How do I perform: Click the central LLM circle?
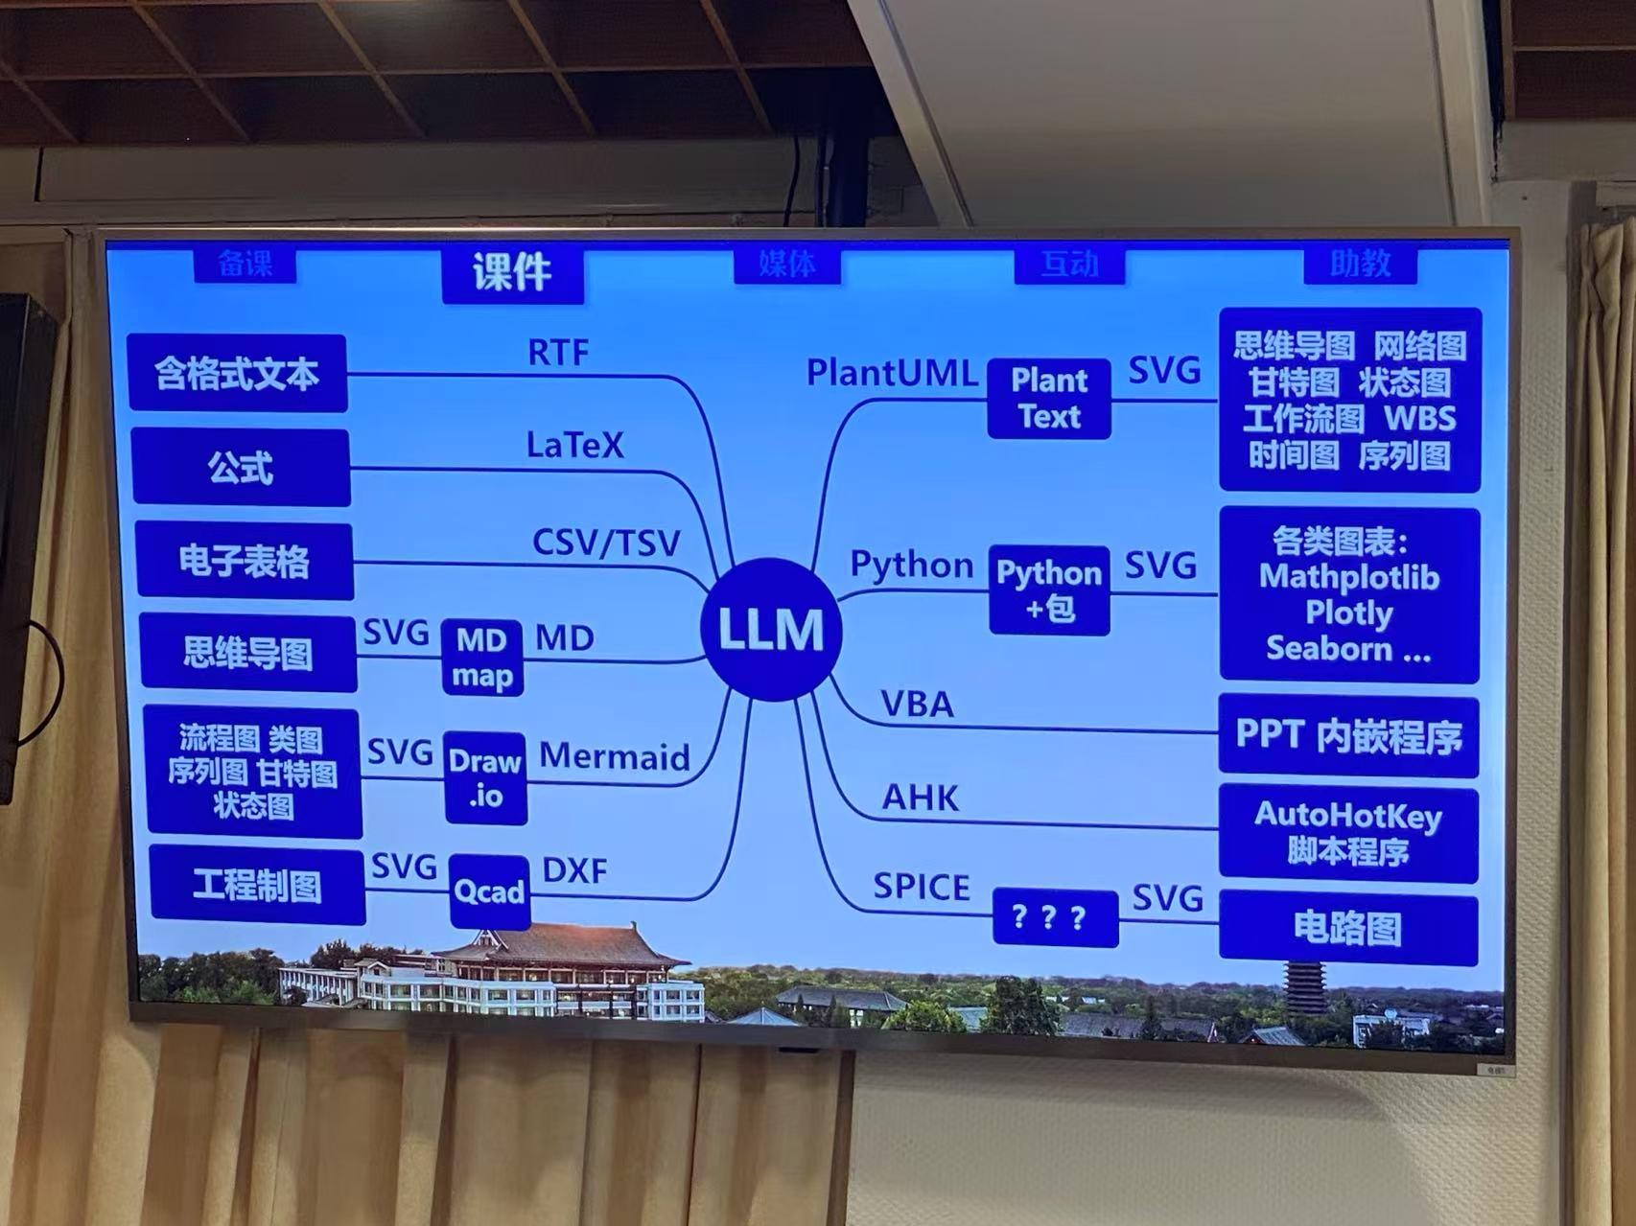pos(771,629)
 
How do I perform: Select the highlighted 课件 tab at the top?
pos(512,273)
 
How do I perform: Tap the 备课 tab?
pos(245,264)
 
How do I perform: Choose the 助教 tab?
pos(1360,263)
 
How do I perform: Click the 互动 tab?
pos(1069,264)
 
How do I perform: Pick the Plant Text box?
pos(1049,399)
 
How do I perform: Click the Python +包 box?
pos(1049,590)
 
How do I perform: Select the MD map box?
pos(481,658)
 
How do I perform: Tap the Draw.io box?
pos(485,777)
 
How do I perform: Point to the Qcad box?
pos(489,891)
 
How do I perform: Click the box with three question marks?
pos(1054,917)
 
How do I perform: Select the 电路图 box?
pos(1347,927)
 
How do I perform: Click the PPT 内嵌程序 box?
pos(1347,735)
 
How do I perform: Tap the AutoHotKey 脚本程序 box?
pos(1347,832)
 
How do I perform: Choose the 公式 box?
pos(241,468)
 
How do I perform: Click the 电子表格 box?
pos(245,561)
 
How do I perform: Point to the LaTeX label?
pos(574,445)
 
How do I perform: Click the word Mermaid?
pos(614,756)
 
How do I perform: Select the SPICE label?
pos(921,888)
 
